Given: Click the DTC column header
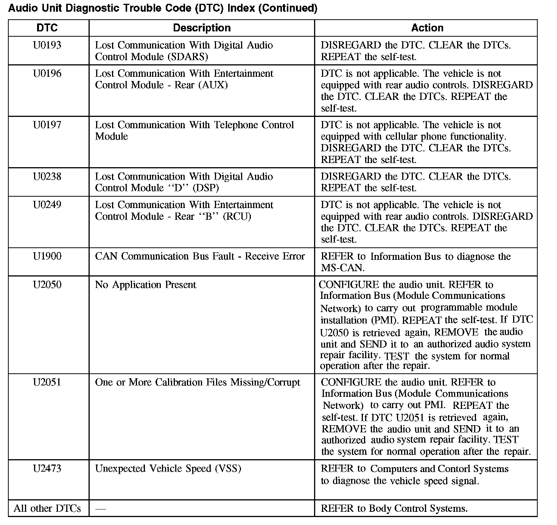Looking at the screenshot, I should pyautogui.click(x=47, y=28).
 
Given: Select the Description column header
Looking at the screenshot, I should pyautogui.click(x=202, y=28).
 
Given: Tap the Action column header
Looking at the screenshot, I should pyautogui.click(x=427, y=28).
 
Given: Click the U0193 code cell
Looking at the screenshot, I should pyautogui.click(x=47, y=45).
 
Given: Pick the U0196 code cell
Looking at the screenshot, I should pyautogui.click(x=47, y=73).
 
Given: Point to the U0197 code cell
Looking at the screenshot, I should pyautogui.click(x=47, y=125).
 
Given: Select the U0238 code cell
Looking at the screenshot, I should pyautogui.click(x=47, y=177).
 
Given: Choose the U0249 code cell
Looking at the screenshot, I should pyautogui.click(x=47, y=205).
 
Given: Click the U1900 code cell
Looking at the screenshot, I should pyautogui.click(x=47, y=256).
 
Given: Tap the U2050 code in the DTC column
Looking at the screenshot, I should pyautogui.click(x=47, y=285).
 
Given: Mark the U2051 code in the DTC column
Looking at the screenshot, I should pyautogui.click(x=47, y=382).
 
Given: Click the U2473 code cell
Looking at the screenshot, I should pyautogui.click(x=47, y=469).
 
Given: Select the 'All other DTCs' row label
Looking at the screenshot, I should pyautogui.click(x=47, y=508).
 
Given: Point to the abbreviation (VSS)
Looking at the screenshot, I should pyautogui.click(x=228, y=469).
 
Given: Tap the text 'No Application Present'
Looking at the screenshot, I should pyautogui.click(x=146, y=285).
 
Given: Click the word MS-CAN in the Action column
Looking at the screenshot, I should pyautogui.click(x=342, y=268).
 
